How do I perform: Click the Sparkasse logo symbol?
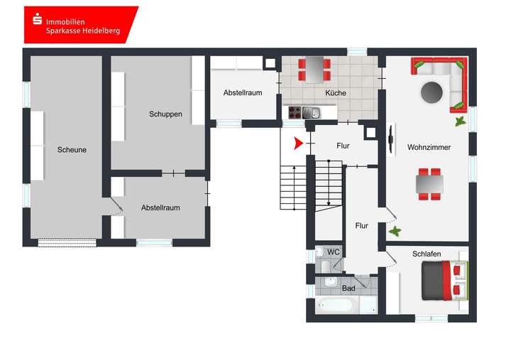tap(35, 21)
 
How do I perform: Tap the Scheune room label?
tap(72, 150)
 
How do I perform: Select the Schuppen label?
tap(165, 114)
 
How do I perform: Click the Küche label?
tap(336, 93)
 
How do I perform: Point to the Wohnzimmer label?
tap(429, 147)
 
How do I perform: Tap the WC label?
tap(333, 252)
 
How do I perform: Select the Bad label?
tap(348, 289)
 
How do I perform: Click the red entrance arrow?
tap(299, 144)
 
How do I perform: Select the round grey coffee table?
tap(432, 92)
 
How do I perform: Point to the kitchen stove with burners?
tap(295, 112)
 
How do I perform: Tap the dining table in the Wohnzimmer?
tap(429, 183)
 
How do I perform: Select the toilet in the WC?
tap(323, 266)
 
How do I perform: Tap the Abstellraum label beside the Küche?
tap(243, 93)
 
